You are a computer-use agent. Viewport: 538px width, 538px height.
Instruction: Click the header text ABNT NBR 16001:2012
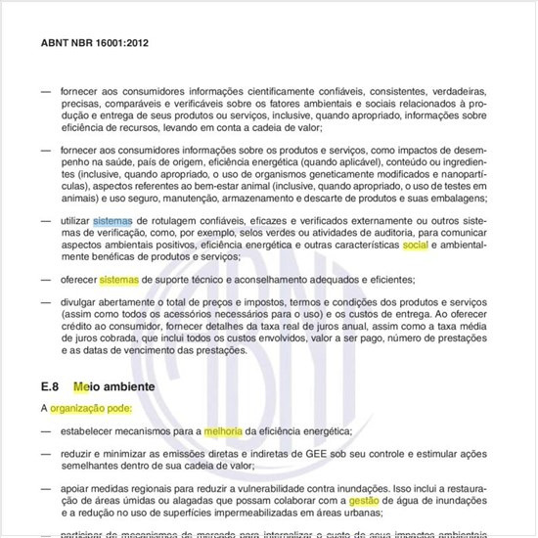tap(94, 43)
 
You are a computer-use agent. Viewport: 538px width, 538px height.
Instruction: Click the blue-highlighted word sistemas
tap(112, 221)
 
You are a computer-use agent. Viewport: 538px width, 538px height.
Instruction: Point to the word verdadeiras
tap(460, 91)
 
